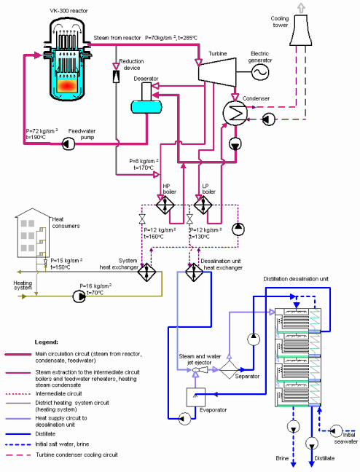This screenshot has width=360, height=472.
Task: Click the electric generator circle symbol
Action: tap(260, 72)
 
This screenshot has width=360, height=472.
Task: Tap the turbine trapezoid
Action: tap(217, 72)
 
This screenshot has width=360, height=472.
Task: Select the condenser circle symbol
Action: tap(235, 113)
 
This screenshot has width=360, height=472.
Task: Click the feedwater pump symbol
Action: tap(69, 143)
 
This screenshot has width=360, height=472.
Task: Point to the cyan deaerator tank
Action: tap(146, 106)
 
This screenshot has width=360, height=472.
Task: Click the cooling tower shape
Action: tap(300, 30)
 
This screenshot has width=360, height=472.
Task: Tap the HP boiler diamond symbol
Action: tap(165, 205)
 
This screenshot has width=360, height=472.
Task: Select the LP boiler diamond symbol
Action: tap(203, 205)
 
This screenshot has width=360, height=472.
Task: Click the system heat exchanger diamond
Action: tap(146, 272)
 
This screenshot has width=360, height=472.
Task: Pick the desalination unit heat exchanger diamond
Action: tap(194, 272)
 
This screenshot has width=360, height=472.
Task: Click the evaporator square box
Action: tap(196, 397)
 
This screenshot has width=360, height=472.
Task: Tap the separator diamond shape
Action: tap(229, 369)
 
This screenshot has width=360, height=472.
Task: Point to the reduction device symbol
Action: tap(116, 76)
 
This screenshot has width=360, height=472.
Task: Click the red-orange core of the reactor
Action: tap(68, 86)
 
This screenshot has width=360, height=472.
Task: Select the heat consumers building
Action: tap(33, 232)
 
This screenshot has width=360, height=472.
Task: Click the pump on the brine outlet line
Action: tap(293, 426)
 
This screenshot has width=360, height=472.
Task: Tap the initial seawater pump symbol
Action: tap(336, 431)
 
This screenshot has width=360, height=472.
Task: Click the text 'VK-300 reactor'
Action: tap(69, 11)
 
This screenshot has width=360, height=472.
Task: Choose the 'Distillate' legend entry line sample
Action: tap(18, 434)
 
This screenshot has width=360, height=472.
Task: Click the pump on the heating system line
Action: tap(79, 296)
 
